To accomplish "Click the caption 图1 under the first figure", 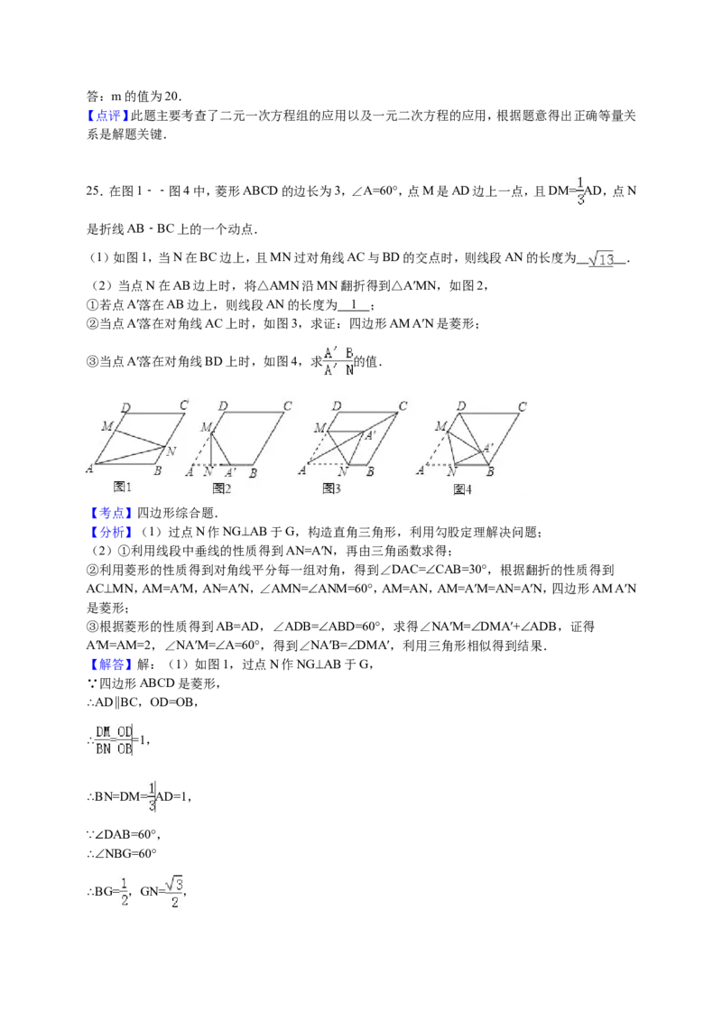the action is pyautogui.click(x=122, y=487).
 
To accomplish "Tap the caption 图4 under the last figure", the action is pyautogui.click(x=462, y=488).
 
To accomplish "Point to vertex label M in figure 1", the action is pyautogui.click(x=106, y=426).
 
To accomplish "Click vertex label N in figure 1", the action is pyautogui.click(x=171, y=451).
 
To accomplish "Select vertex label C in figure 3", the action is pyautogui.click(x=403, y=405).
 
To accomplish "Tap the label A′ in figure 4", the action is pyautogui.click(x=487, y=448).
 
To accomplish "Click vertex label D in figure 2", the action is pyautogui.click(x=223, y=406).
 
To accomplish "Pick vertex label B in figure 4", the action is pyautogui.click(x=490, y=472).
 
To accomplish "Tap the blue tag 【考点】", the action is pyautogui.click(x=108, y=513).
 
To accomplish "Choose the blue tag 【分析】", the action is pyautogui.click(x=108, y=533).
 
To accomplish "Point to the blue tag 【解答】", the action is pyautogui.click(x=108, y=664).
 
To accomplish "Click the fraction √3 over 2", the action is pyautogui.click(x=174, y=892).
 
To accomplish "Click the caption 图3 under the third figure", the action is pyautogui.click(x=332, y=488).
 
